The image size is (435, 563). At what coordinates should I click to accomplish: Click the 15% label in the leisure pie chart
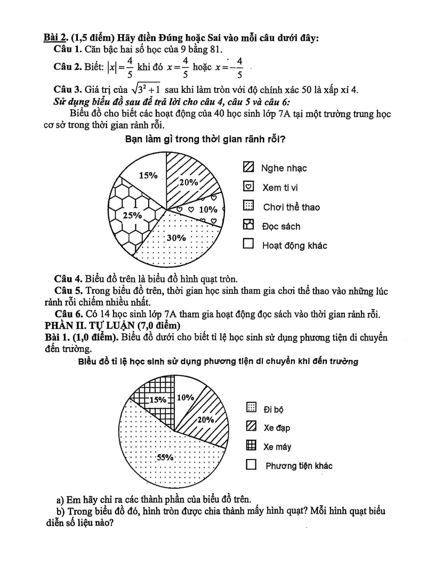point(148,175)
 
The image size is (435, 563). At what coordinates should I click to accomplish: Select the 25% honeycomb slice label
point(132,215)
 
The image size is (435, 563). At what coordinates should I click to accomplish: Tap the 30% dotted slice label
point(176,238)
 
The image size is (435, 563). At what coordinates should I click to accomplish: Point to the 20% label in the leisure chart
point(188,181)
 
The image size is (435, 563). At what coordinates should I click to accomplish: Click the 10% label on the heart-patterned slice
point(208,209)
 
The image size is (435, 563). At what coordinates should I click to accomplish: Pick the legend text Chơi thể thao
point(292,207)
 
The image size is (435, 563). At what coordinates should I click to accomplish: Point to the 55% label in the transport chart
point(166,457)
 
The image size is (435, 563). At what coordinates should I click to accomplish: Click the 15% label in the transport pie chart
point(157,399)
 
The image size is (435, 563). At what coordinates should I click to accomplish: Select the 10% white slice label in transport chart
point(184,397)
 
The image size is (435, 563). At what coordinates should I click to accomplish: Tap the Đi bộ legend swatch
point(251,408)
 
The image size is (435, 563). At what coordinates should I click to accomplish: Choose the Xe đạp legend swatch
point(251,427)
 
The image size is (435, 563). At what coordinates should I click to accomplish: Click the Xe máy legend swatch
point(251,446)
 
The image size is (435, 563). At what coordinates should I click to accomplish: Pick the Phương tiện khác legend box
point(251,465)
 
